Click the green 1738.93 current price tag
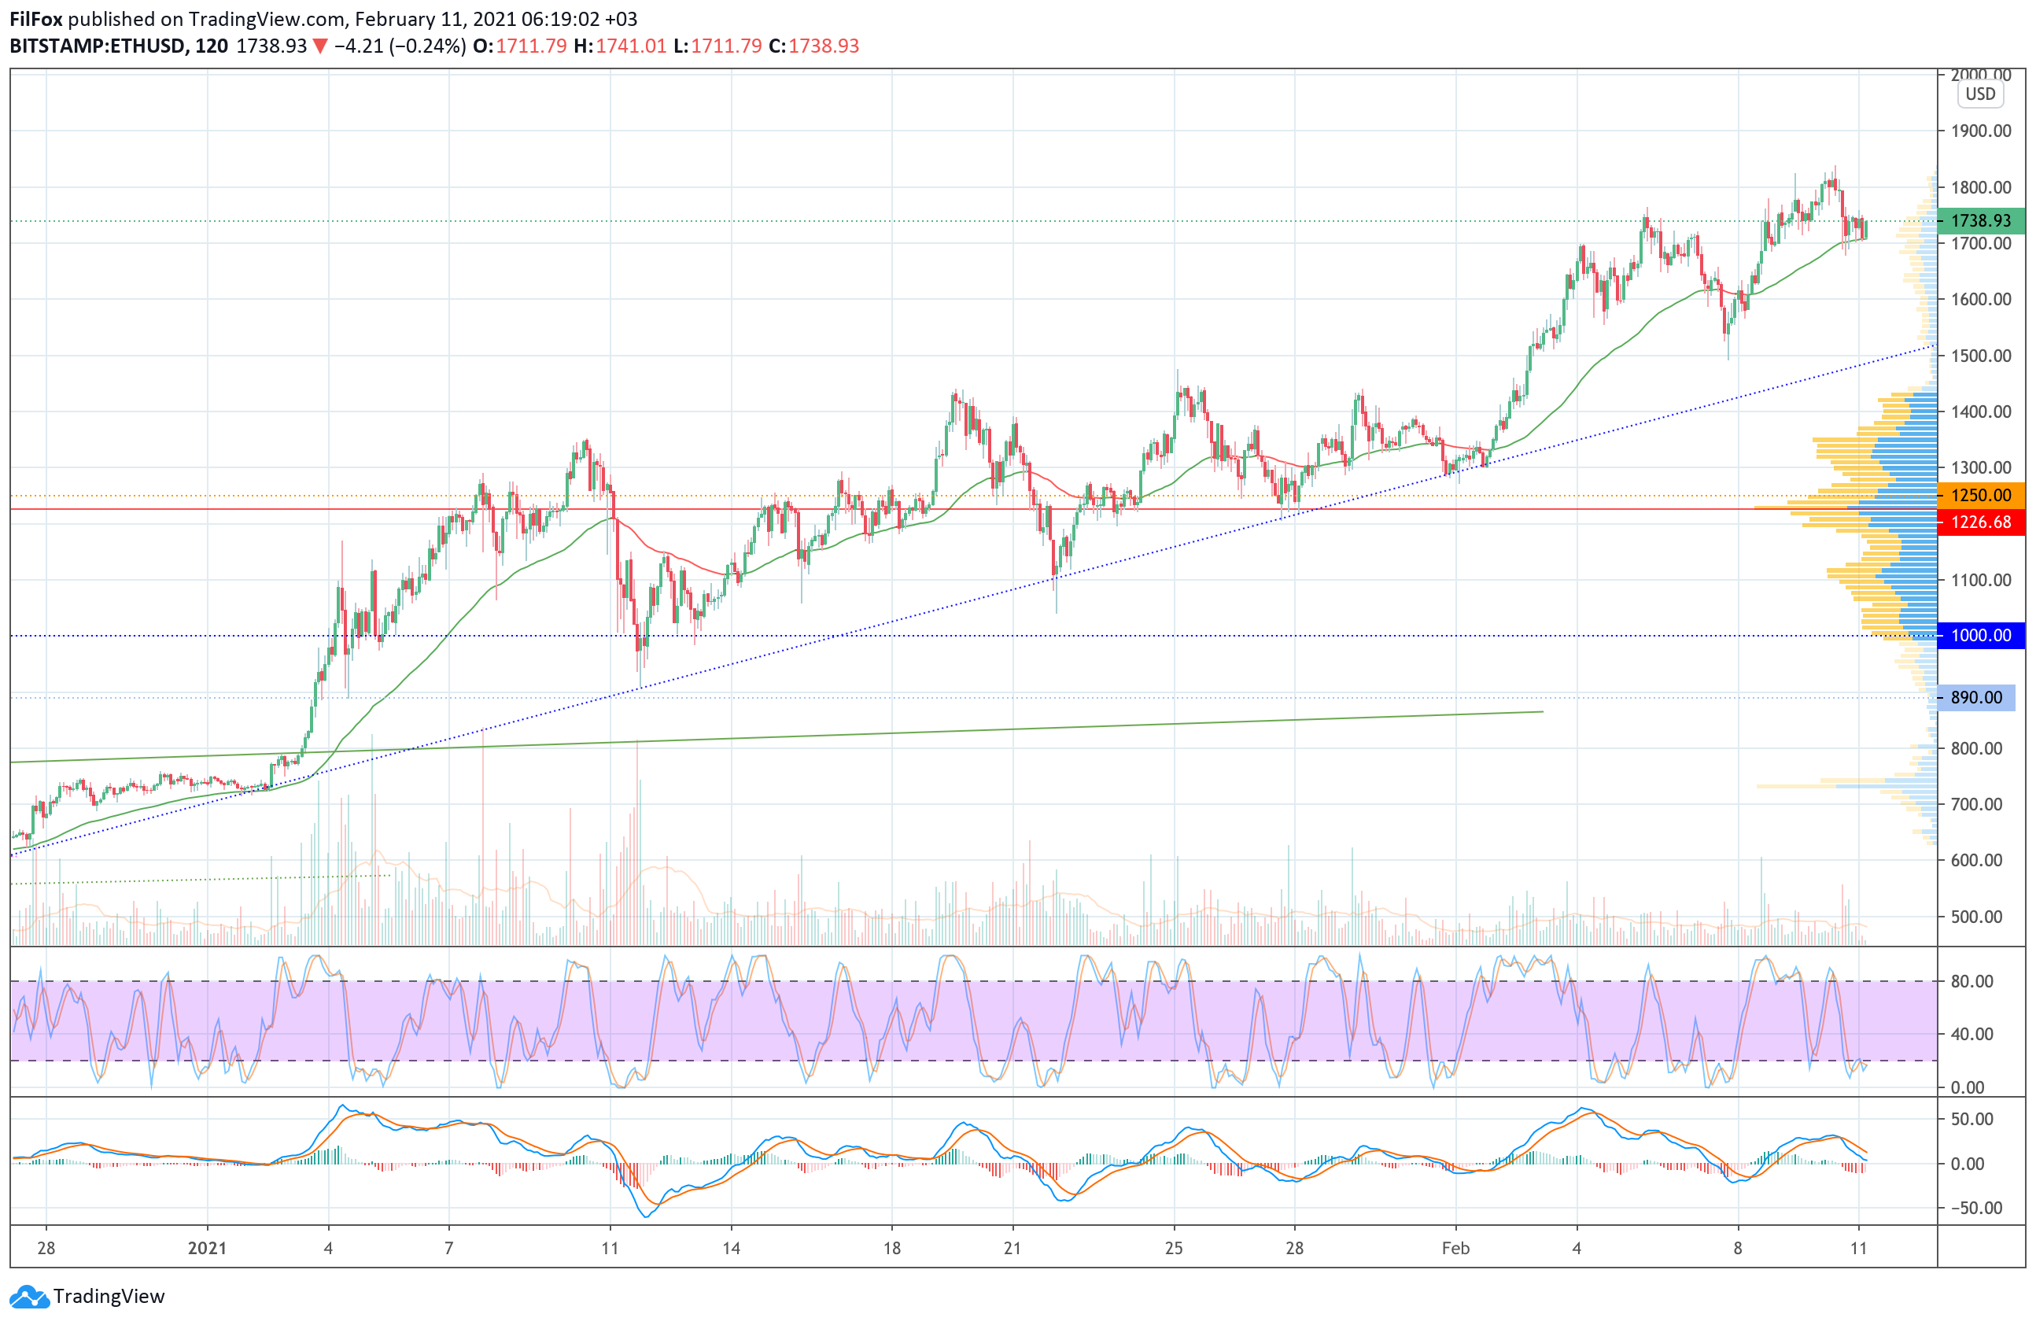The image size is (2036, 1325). tap(1979, 220)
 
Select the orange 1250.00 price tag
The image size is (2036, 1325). tap(1979, 495)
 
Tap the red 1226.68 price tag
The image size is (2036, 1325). tap(1979, 522)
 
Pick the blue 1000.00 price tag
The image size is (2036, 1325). tap(1979, 636)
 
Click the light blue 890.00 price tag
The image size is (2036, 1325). tap(1975, 698)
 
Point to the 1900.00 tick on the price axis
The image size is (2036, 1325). tap(1980, 131)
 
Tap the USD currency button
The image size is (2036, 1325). tap(1979, 94)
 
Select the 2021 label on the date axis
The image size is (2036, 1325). tap(207, 1248)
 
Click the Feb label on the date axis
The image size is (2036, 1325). tap(1455, 1248)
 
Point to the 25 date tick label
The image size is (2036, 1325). tap(1174, 1248)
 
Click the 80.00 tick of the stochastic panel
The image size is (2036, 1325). tap(1971, 981)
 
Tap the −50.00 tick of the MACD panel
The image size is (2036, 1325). tap(1971, 1208)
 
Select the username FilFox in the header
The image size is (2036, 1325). tap(36, 19)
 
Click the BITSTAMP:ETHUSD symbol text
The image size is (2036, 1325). tap(97, 46)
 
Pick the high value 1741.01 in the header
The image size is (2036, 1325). tap(630, 46)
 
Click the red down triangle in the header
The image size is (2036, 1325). tap(320, 46)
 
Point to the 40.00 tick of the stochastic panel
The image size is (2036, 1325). tap(1971, 1034)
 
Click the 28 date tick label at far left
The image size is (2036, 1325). tap(46, 1248)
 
